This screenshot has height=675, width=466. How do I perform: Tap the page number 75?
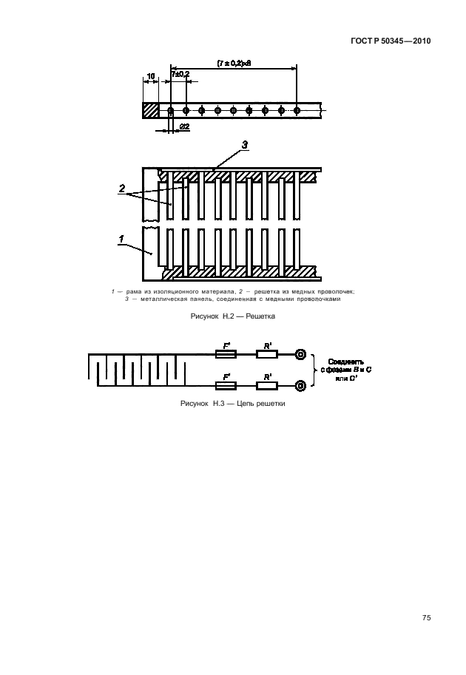coord(427,618)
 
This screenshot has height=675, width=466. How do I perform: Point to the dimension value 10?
coord(150,76)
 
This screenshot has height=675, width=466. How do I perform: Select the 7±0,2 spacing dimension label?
coord(180,75)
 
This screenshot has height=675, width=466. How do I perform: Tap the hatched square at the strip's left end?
coord(150,110)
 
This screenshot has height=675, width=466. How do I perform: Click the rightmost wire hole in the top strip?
coord(297,111)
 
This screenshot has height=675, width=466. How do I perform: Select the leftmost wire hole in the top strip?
coord(170,111)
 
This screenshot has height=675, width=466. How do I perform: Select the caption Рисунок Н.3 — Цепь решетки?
coord(233,404)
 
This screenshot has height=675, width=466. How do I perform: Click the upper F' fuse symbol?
coord(226,354)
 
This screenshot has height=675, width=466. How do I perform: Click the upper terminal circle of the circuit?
coord(301,354)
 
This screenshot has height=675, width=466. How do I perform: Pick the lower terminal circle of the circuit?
coord(301,385)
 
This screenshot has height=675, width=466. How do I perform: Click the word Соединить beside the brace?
coord(345,362)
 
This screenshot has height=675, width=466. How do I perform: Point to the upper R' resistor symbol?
coord(266,354)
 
